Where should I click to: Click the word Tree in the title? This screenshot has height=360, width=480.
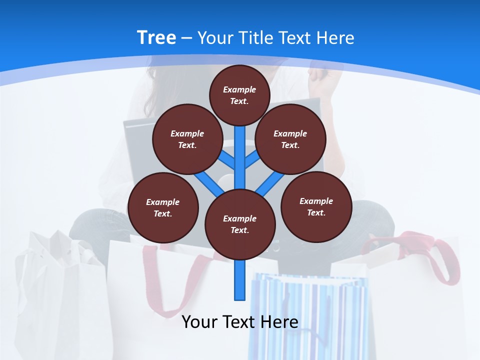click(x=156, y=38)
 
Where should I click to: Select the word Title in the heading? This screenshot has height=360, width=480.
click(x=255, y=38)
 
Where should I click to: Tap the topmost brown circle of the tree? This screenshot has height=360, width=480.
click(x=239, y=95)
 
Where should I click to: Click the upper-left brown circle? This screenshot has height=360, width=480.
click(x=187, y=139)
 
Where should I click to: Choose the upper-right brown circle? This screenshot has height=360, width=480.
click(x=290, y=139)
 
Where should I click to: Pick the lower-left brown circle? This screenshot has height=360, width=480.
click(x=162, y=207)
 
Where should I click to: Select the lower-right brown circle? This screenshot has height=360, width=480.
click(x=316, y=206)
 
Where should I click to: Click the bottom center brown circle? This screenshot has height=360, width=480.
click(x=240, y=224)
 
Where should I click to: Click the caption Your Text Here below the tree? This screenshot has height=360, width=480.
click(x=240, y=322)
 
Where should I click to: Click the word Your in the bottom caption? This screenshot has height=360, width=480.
click(x=200, y=322)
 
